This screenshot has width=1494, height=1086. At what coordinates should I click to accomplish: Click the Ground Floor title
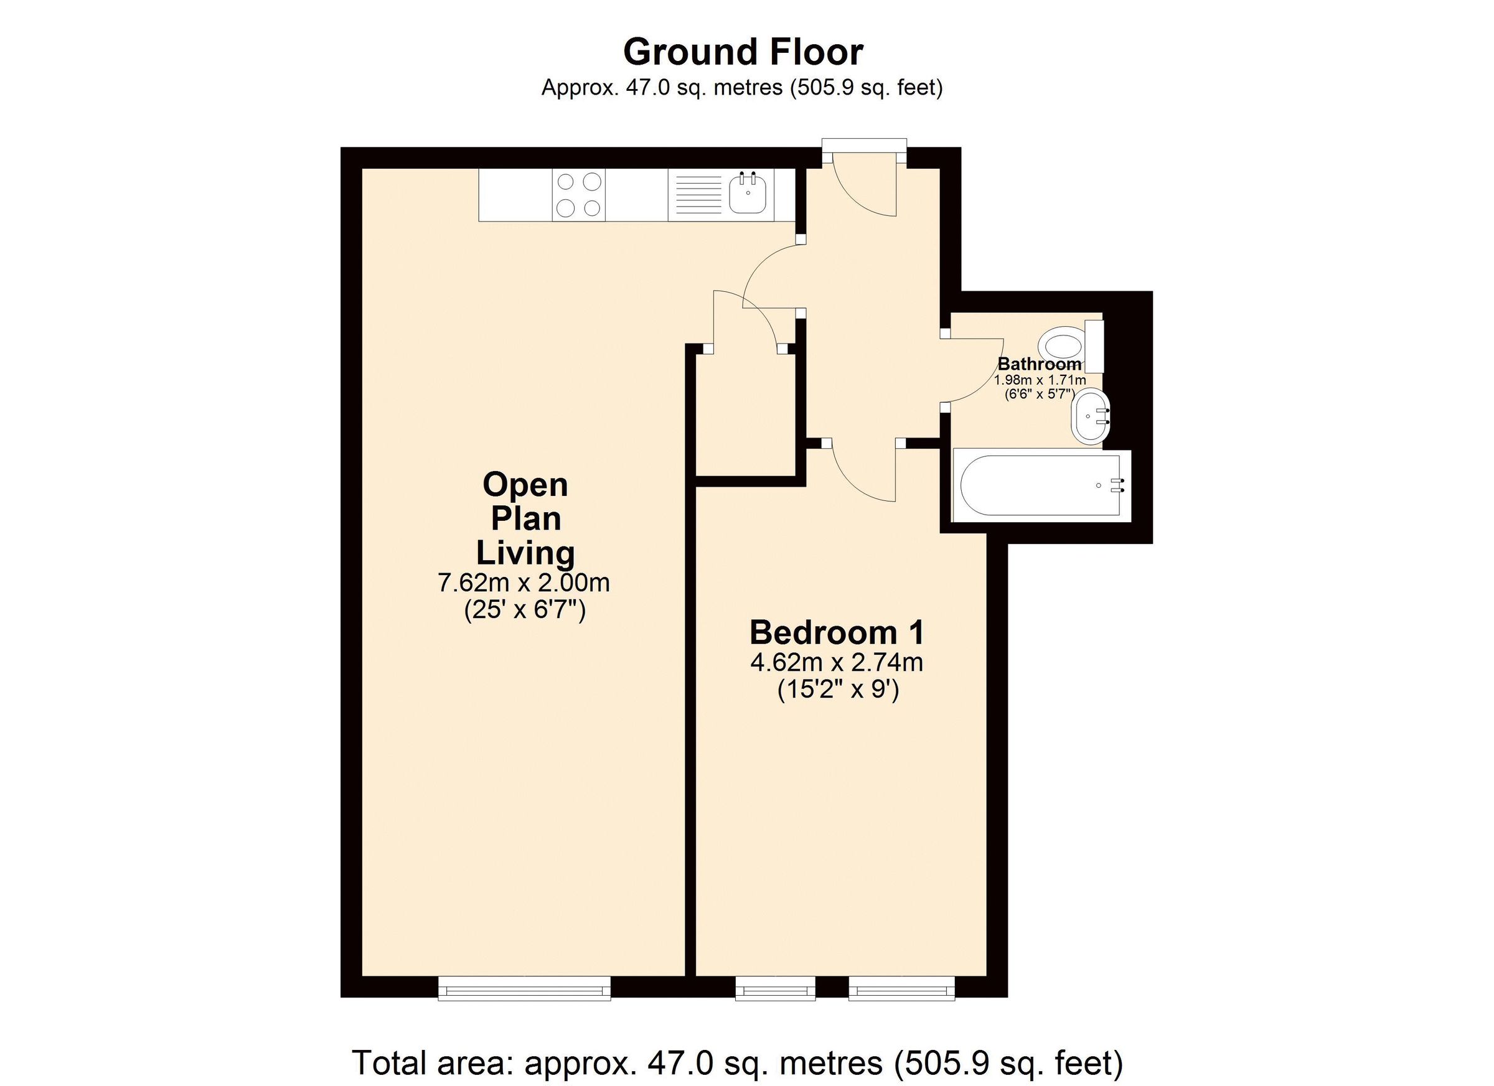743,53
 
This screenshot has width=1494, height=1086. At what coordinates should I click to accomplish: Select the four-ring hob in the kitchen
578,194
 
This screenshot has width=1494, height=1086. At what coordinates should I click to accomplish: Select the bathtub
1041,485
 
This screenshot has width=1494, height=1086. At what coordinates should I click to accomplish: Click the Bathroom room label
1040,363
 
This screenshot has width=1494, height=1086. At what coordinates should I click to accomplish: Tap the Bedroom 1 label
837,633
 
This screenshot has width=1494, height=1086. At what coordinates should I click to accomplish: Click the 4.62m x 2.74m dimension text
837,663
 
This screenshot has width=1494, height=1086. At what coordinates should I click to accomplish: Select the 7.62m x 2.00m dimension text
524,584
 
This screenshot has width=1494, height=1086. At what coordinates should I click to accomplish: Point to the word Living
525,553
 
